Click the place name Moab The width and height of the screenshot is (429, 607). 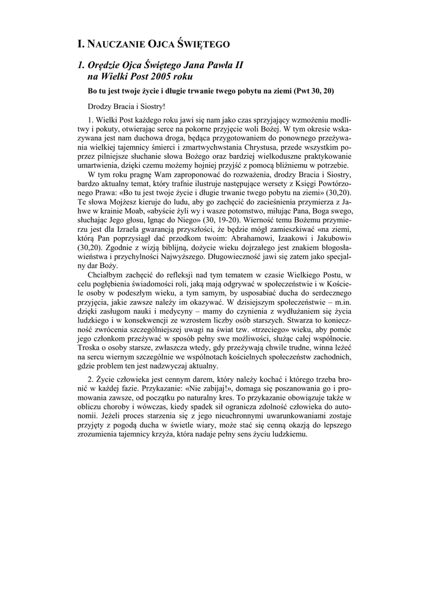point(140,212)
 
